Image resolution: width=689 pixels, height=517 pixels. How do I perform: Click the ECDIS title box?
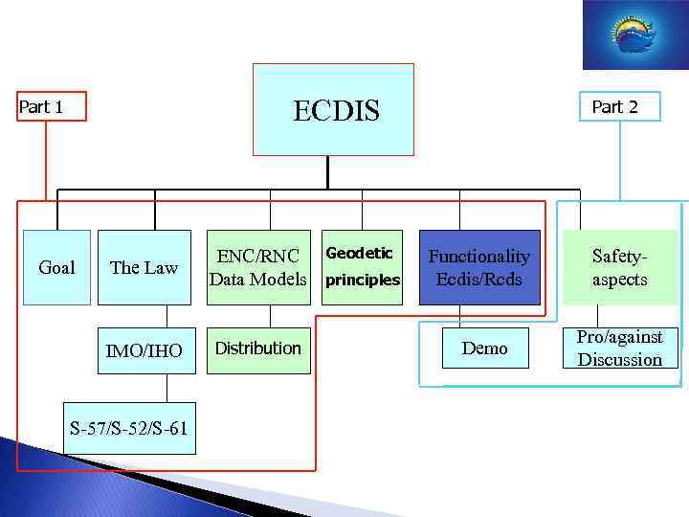point(333,109)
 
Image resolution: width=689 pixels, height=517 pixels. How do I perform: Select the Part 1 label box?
point(52,106)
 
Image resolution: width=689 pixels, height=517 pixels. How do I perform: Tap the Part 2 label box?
point(614,106)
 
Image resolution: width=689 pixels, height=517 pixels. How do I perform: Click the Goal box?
point(56,267)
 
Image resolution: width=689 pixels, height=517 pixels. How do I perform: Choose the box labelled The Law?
point(144,267)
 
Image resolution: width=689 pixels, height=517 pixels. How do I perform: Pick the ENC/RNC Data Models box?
point(260,267)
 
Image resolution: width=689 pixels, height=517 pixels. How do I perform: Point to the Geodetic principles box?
point(363,267)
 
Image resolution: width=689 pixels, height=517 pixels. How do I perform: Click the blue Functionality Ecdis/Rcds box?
point(478,267)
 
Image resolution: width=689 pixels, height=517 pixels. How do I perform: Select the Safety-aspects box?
point(619,267)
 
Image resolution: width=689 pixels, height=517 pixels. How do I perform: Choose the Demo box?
point(485,348)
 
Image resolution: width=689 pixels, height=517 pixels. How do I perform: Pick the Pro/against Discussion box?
point(619,348)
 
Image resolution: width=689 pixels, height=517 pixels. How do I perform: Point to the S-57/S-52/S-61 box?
point(128,427)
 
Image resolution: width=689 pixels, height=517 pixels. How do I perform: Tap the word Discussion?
point(619,360)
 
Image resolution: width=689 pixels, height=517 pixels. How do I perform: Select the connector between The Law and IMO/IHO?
point(167,316)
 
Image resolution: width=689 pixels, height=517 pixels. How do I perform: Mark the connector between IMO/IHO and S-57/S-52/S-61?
point(167,387)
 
